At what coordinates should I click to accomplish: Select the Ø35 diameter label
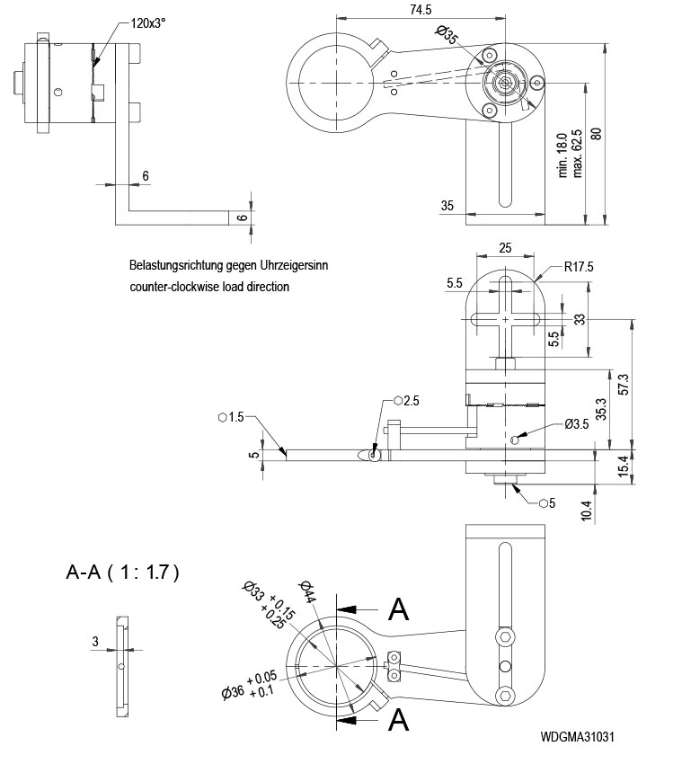447,36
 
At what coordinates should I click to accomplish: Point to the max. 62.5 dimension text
577,152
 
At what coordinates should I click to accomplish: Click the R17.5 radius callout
581,267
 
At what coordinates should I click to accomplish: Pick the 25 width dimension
506,247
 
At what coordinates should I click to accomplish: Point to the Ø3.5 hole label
576,424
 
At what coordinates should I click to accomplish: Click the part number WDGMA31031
578,737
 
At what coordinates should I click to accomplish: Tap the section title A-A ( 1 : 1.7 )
123,572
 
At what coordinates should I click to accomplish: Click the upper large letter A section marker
398,609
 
